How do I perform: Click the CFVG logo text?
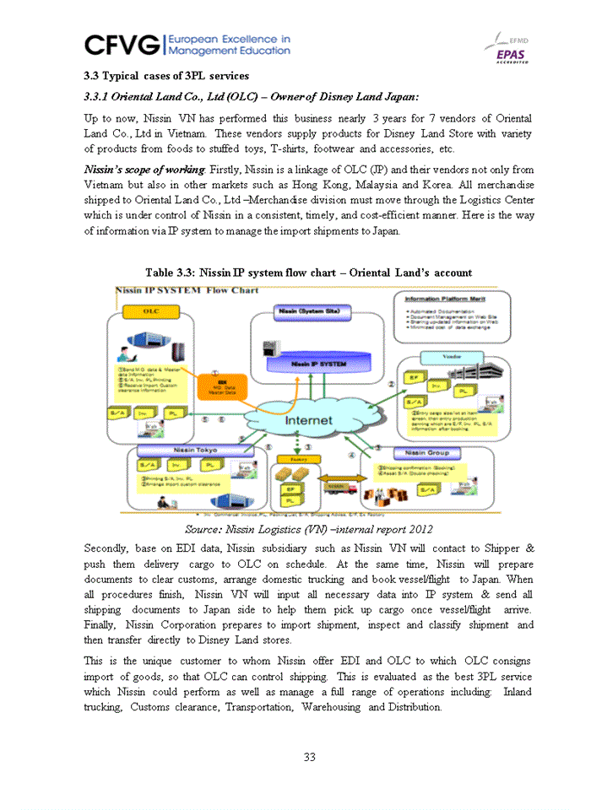124,44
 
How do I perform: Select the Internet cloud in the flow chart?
314,419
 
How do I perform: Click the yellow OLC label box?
151,311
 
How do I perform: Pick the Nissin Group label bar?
428,453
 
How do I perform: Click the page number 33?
310,757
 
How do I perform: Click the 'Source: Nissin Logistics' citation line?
309,529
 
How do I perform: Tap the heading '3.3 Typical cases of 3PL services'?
165,77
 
